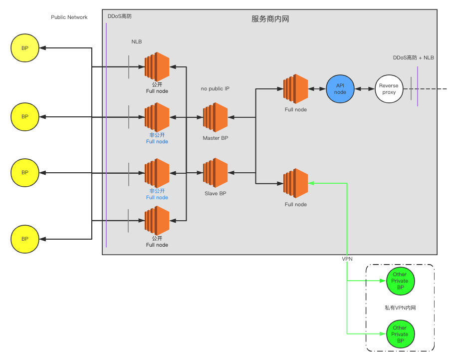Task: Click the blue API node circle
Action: coord(340,89)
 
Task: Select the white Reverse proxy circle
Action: coord(389,89)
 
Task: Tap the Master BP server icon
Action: coord(215,117)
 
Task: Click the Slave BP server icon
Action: coord(215,173)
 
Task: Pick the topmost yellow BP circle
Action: coord(25,48)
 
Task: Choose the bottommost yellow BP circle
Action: coord(25,239)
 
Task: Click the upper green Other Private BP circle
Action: coord(401,281)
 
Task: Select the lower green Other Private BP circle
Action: coord(401,334)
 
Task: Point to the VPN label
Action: coord(347,259)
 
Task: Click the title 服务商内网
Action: coord(270,19)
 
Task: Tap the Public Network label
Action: coord(69,17)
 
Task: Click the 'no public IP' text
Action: coord(215,89)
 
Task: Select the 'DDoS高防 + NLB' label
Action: coord(414,58)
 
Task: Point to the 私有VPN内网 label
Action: coord(400,308)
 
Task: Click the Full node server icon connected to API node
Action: coord(296,89)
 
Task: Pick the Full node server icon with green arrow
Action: coord(296,183)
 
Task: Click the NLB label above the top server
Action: coord(137,42)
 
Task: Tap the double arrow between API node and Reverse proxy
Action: coord(365,89)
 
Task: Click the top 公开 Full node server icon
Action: coord(157,67)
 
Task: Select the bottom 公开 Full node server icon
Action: coord(157,221)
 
